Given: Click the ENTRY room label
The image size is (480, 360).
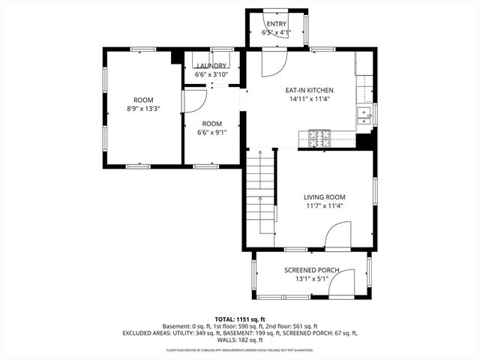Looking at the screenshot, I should tap(276, 25).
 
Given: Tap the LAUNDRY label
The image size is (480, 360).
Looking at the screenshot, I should tap(211, 66).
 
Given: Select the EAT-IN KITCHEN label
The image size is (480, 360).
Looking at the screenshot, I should tap(309, 90).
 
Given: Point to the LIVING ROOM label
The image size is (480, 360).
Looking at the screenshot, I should tap(324, 196).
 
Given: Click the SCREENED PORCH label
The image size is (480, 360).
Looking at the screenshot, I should tap(311, 270).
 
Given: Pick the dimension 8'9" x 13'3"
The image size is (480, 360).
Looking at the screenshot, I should tap(142, 109).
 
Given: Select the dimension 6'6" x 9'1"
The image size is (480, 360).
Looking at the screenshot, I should tap(211, 133).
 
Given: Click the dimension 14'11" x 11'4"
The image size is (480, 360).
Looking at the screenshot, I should tap(309, 99).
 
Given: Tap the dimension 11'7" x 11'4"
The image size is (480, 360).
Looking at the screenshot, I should tap(324, 205).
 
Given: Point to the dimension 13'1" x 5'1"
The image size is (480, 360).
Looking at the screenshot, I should tap(311, 279).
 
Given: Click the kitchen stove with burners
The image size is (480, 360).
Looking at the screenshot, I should tap(319, 137).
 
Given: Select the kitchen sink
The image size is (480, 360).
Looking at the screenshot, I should tap(364, 115).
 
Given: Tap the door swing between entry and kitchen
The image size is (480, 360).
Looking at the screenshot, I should tap(273, 63).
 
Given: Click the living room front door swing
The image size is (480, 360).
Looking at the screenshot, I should tap(337, 239).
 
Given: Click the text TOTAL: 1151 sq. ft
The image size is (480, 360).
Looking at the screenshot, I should tap(239, 319).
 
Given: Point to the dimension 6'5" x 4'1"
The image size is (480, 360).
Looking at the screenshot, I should tap(276, 33).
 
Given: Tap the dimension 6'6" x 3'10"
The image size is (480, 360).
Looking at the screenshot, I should tap(211, 74).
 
